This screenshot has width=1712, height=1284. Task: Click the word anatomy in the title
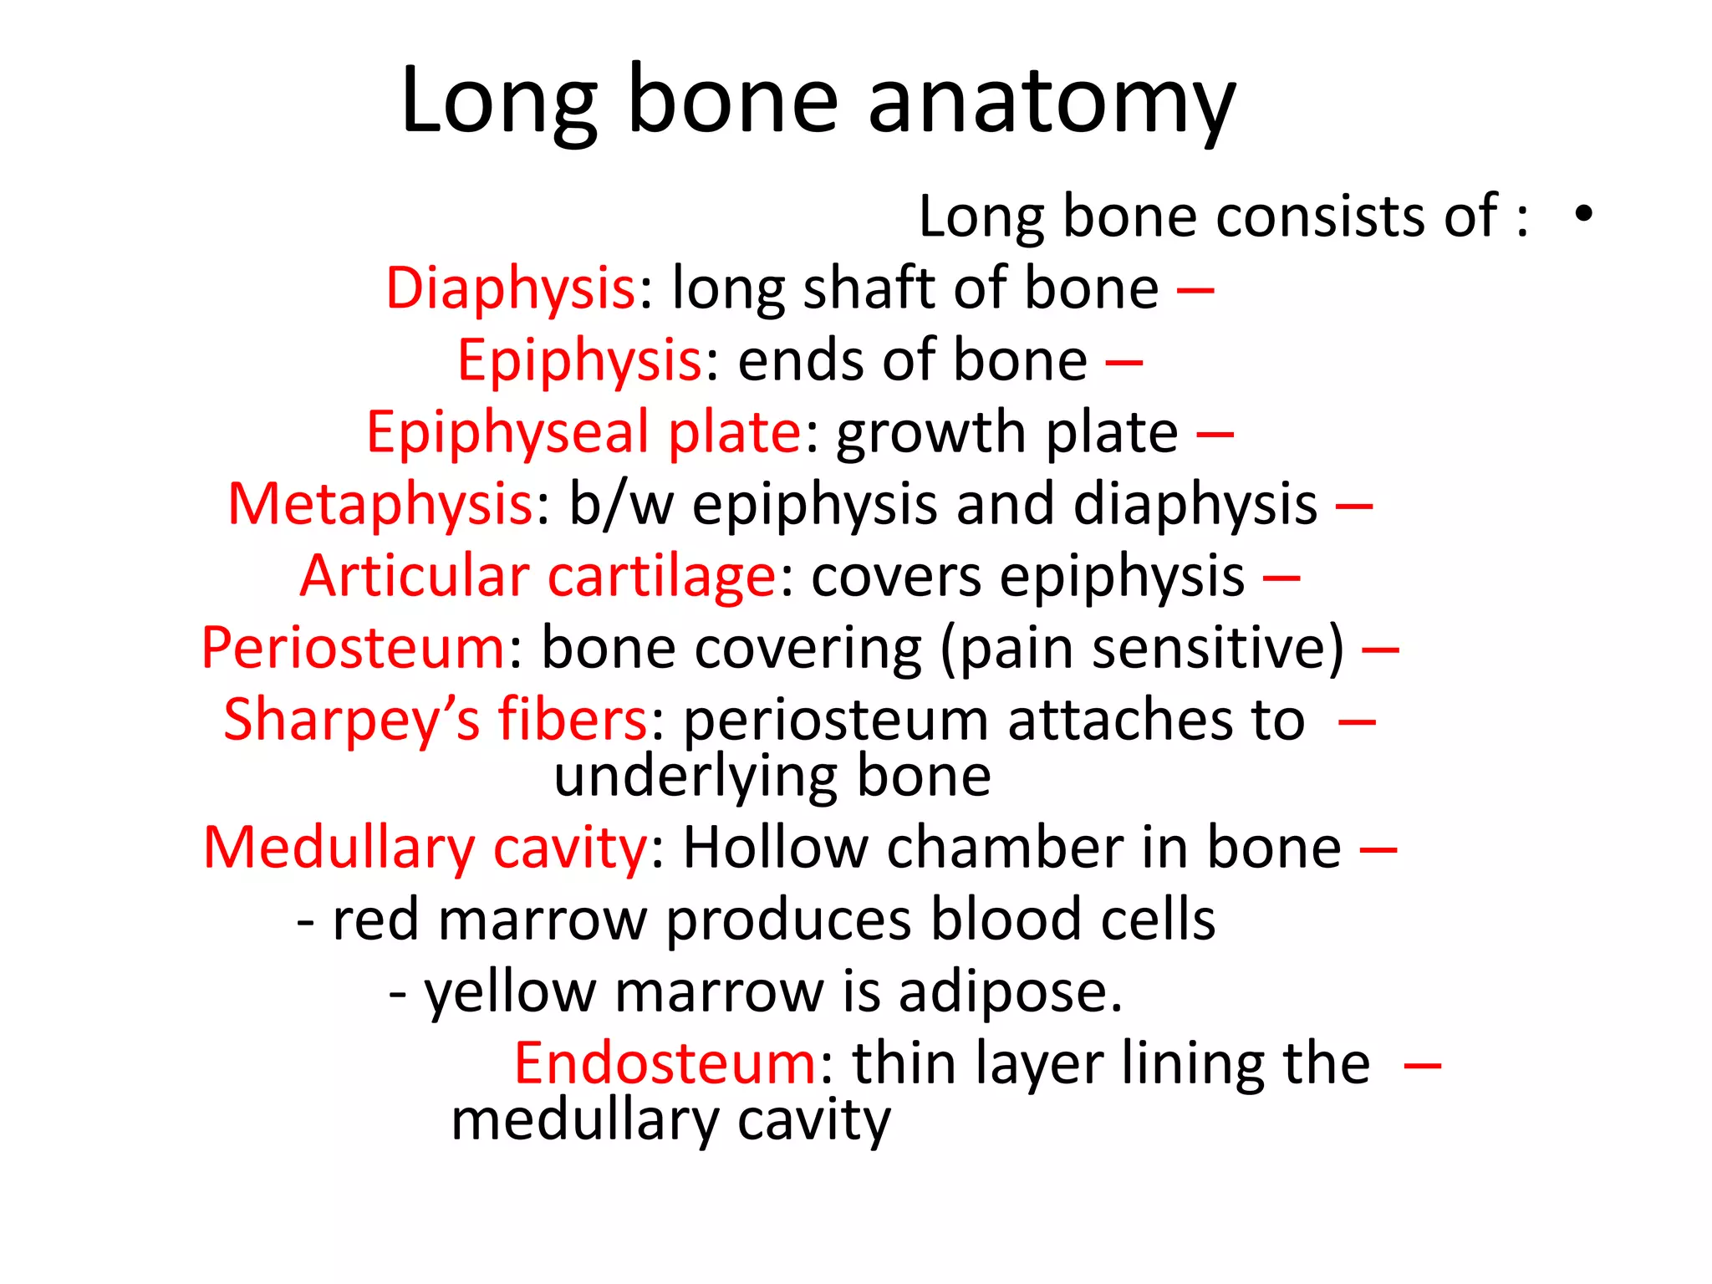1051,102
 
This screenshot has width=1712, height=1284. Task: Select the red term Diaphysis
511,288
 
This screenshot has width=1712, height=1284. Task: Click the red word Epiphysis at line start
579,361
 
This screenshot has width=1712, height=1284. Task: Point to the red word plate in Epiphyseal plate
735,433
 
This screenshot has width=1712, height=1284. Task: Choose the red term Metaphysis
380,505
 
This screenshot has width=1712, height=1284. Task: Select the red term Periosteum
353,649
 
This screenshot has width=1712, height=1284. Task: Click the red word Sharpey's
352,721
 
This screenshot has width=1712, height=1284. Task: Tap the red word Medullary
339,848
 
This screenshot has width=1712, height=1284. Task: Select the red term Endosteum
665,1064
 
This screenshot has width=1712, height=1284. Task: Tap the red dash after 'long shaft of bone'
1195,291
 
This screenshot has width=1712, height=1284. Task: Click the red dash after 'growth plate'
1215,435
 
